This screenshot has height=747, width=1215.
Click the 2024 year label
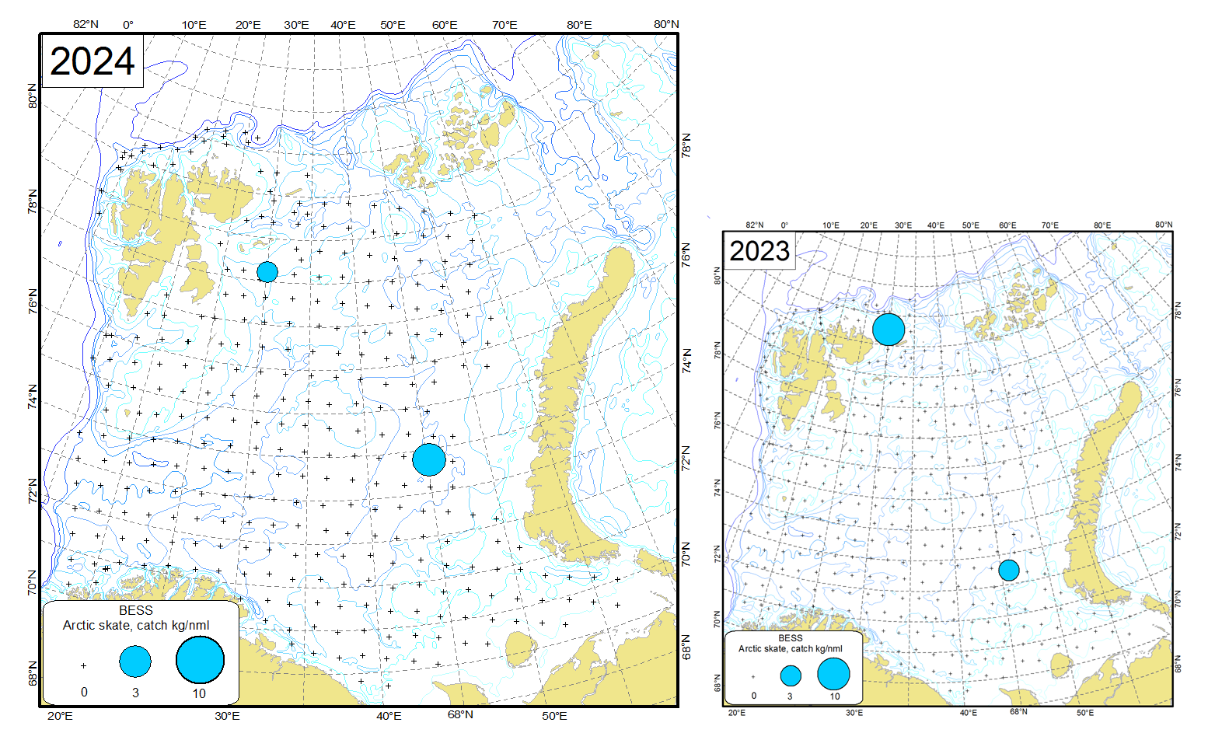click(x=93, y=61)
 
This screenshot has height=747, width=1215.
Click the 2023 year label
click(x=759, y=251)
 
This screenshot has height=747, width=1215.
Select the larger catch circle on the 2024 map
click(x=429, y=459)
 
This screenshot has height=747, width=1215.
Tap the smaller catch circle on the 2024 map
click(x=267, y=272)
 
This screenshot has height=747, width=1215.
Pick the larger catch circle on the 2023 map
click(x=889, y=330)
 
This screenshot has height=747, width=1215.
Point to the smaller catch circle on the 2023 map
click(x=1009, y=571)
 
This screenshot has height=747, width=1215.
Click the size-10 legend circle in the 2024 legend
click(x=200, y=659)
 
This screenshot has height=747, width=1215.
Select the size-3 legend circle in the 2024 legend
click(x=135, y=661)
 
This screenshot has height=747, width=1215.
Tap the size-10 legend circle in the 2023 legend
click(x=833, y=674)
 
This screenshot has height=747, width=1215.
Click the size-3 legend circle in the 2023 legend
click(x=791, y=675)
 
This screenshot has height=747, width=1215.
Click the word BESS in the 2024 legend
click(x=136, y=611)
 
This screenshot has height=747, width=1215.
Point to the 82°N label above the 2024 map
click(x=86, y=24)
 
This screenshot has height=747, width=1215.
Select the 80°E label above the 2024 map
click(x=579, y=25)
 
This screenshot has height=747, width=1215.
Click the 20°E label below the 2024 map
click(x=60, y=716)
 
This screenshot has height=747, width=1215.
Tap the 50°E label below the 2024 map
click(x=554, y=716)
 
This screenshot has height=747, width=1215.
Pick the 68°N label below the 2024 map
click(x=460, y=714)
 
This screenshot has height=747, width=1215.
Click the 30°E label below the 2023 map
click(x=854, y=713)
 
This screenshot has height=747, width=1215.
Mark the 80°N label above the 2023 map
click(x=1164, y=225)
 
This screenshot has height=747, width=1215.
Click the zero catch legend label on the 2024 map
click(x=84, y=692)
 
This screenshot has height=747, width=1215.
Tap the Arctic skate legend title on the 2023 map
click(x=790, y=648)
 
